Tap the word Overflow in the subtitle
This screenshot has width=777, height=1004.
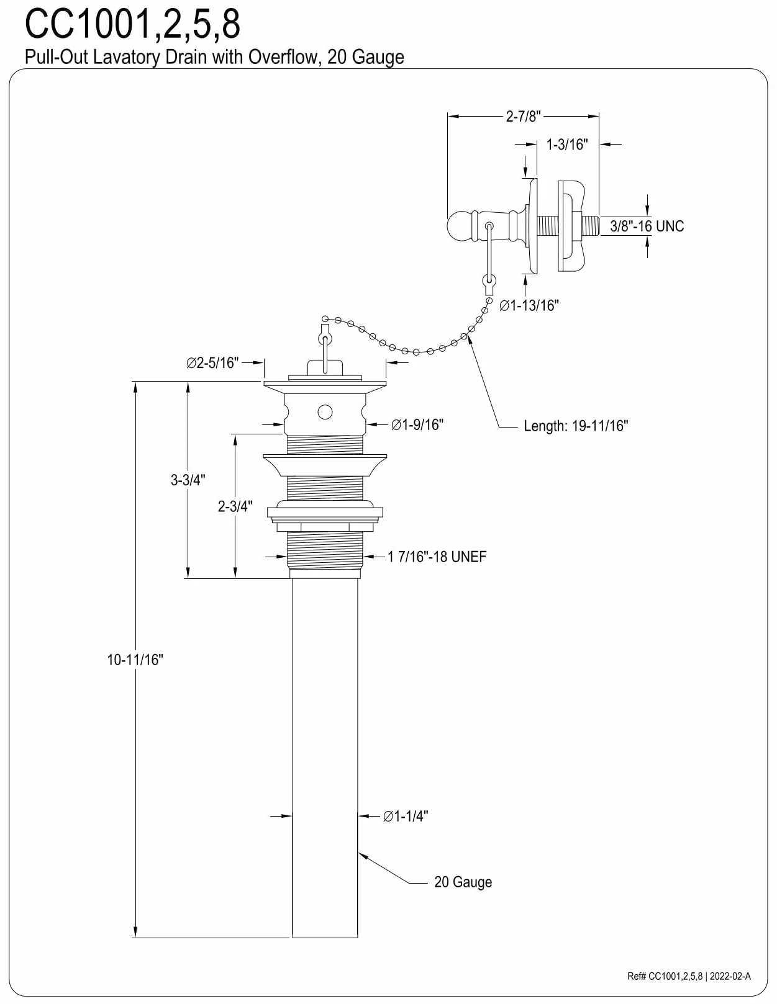click(x=283, y=57)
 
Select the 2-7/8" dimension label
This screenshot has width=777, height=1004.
click(x=523, y=117)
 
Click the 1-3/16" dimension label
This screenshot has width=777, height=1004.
click(x=567, y=145)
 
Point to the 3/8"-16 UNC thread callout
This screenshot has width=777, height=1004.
click(x=647, y=226)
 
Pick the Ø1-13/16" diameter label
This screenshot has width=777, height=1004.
click(x=529, y=305)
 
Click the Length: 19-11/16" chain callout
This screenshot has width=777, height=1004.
click(x=576, y=426)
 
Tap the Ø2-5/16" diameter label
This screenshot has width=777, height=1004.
click(x=212, y=363)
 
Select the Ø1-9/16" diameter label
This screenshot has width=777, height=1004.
click(x=417, y=424)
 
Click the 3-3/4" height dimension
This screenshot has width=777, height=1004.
click(x=188, y=480)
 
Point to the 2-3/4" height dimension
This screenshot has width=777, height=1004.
click(x=235, y=506)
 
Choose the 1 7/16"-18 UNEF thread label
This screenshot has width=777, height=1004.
click(x=437, y=557)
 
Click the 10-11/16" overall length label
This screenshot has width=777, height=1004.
click(x=135, y=660)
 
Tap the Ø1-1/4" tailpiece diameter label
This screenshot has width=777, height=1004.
click(x=406, y=817)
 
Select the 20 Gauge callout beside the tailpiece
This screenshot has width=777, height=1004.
click(x=463, y=882)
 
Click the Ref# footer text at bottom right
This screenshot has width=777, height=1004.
click(x=689, y=976)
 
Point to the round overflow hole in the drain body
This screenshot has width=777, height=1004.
click(x=325, y=411)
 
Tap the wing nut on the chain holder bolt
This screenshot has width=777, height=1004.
click(x=571, y=226)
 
